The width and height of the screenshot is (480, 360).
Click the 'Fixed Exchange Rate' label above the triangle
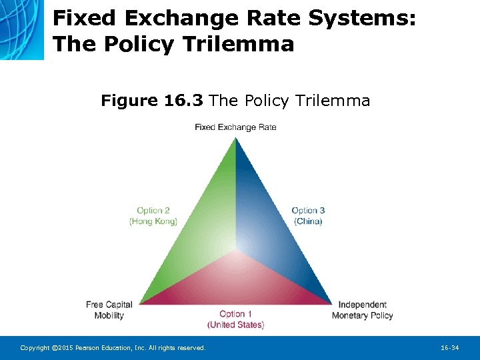(x=235, y=127)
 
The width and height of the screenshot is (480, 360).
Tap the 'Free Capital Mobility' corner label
(x=109, y=310)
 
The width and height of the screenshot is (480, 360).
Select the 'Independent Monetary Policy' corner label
(x=363, y=310)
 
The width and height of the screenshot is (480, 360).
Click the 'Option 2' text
(x=153, y=211)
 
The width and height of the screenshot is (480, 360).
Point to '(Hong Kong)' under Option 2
(x=153, y=221)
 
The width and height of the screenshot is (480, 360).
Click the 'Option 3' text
(x=308, y=211)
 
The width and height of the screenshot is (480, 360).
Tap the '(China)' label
(x=308, y=221)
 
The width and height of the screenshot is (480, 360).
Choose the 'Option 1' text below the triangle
(x=235, y=314)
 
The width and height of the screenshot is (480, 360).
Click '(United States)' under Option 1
(x=235, y=325)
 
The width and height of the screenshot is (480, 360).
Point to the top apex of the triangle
(x=235, y=138)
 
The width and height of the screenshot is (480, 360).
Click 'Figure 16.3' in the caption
(x=153, y=101)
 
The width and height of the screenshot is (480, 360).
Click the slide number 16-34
(x=450, y=348)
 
